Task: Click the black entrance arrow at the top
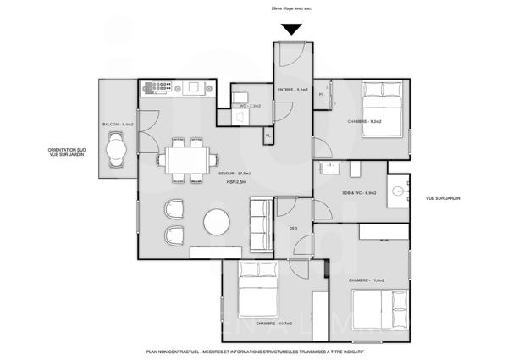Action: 291,30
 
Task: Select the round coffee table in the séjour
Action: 218,224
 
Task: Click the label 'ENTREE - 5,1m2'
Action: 292,89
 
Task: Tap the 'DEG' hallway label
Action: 293,228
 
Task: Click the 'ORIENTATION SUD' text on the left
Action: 69,150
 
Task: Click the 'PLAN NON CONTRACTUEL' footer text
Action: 253,350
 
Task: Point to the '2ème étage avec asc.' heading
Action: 290,8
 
